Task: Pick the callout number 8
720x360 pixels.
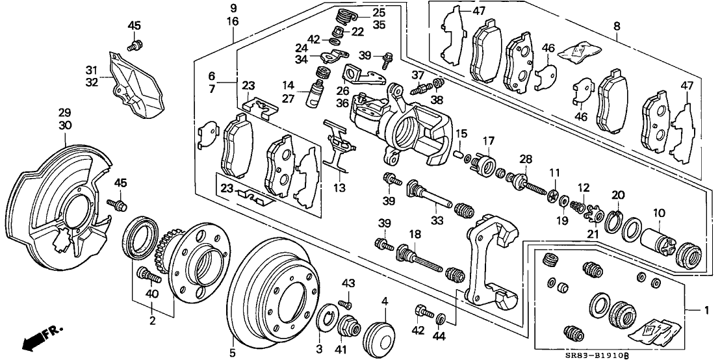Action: coord(617,26)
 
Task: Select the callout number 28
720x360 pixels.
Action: coord(525,159)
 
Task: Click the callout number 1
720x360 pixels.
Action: coord(707,311)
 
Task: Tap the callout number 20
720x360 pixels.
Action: coord(617,194)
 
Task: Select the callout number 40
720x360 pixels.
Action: coord(152,293)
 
